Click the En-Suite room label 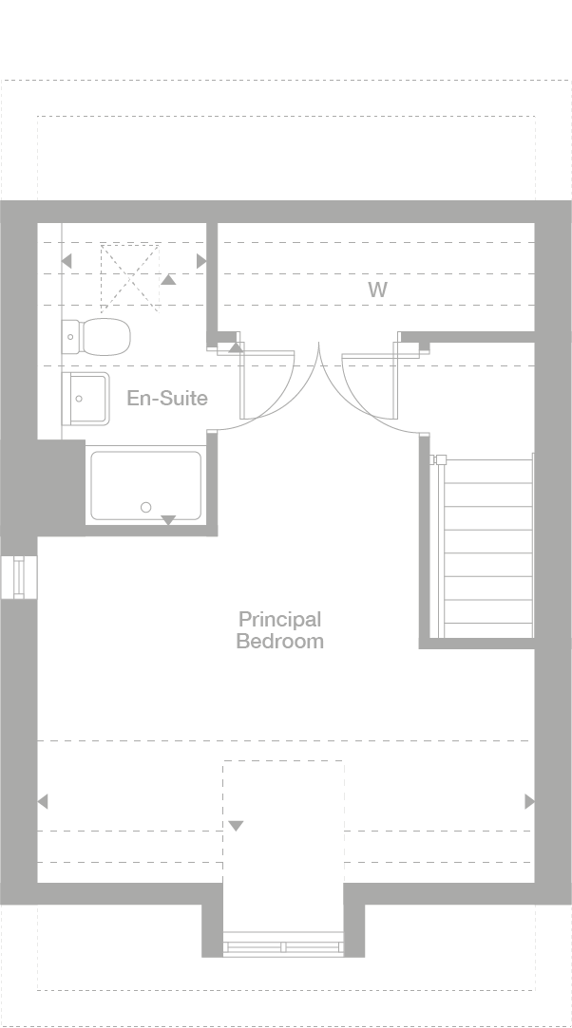(x=167, y=398)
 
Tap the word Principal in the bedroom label (x=279, y=620)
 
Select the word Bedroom (x=279, y=642)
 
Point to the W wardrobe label (x=378, y=290)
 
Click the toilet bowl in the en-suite (x=105, y=335)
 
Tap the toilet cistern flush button (x=70, y=335)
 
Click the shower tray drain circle (x=146, y=508)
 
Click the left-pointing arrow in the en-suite (x=66, y=261)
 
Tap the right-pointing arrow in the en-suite (x=200, y=261)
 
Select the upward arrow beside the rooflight (x=168, y=279)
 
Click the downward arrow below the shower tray (x=168, y=520)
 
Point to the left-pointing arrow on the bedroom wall (x=42, y=802)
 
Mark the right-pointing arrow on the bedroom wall (x=529, y=802)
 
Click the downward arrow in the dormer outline (x=236, y=826)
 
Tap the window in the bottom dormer (x=283, y=946)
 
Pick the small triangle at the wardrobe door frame (x=235, y=347)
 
